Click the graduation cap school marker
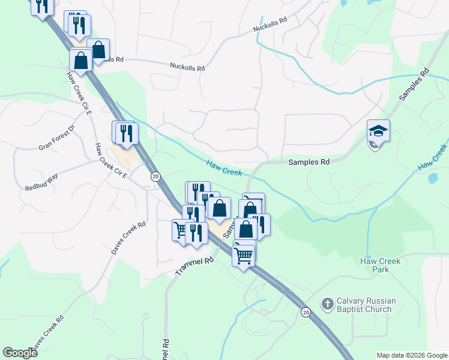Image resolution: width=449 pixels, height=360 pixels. click(x=379, y=131)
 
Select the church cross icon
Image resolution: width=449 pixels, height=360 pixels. click(x=327, y=304)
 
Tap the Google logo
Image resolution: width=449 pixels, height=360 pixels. click(x=20, y=353)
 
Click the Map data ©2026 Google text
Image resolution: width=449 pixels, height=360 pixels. click(x=412, y=355)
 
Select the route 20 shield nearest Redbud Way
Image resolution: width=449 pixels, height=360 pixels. click(x=155, y=176)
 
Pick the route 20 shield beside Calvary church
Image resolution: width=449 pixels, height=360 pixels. click(x=305, y=312)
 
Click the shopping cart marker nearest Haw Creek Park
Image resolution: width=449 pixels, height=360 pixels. click(x=244, y=256)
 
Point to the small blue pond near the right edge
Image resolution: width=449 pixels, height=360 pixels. click(x=433, y=178)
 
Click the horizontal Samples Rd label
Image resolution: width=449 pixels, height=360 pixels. click(x=309, y=162)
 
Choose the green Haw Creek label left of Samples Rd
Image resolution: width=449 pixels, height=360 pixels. click(x=223, y=167)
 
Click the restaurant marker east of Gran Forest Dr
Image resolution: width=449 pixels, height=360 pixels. click(x=126, y=133)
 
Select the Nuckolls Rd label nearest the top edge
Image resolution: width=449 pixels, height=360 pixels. click(x=270, y=25)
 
